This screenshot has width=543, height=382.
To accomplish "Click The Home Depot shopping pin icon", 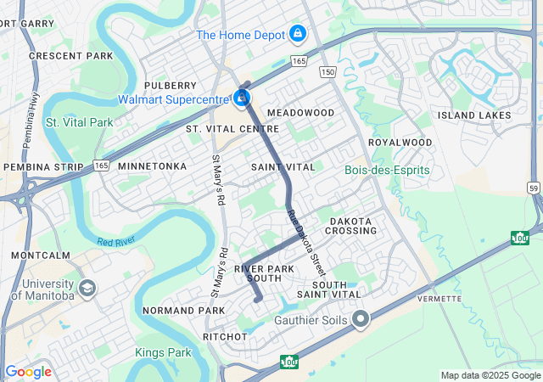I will tap(297, 34).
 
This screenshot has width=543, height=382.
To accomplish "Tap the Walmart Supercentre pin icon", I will tap(243, 99).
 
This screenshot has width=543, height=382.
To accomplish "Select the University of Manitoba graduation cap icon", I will tap(87, 289).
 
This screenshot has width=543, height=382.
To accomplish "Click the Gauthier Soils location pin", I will tap(361, 320).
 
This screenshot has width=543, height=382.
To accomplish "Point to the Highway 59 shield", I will tap(533, 186).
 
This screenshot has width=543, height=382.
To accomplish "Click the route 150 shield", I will tap(328, 74).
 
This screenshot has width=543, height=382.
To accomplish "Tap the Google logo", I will tap(28, 372).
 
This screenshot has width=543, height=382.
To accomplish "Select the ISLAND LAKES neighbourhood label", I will tap(474, 115).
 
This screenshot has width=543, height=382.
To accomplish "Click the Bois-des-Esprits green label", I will tap(387, 171).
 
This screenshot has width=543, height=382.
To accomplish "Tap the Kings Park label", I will tap(163, 351).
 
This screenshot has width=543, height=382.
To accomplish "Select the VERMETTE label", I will tap(439, 299).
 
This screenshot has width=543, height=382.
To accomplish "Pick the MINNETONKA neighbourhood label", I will tap(152, 166).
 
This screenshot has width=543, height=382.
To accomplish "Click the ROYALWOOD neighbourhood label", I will tap(400, 143).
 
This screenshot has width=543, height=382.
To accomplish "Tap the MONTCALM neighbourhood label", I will tap(41, 255).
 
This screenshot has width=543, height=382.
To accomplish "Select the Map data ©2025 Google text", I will tap(490, 375).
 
